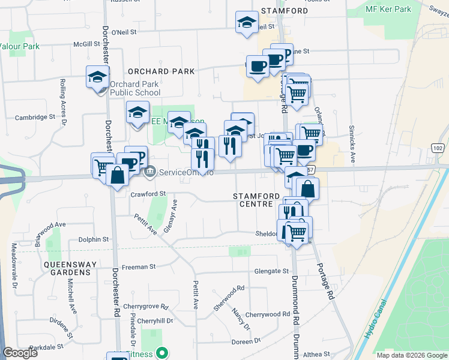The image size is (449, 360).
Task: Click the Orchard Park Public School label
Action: pyautogui.click(x=134, y=89)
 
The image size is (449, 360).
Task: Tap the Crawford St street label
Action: pyautogui.click(x=148, y=194)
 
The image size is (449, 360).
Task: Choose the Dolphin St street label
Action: pyautogui.click(x=94, y=239)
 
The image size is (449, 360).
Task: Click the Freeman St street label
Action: pyautogui.click(x=139, y=266)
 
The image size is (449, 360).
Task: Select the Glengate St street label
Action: pyautogui.click(x=271, y=271)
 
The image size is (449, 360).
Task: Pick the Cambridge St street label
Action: pyautogui.click(x=35, y=118)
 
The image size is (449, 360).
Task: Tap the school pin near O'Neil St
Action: pyautogui.click(x=245, y=23)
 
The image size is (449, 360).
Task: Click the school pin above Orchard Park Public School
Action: pyautogui.click(x=97, y=77)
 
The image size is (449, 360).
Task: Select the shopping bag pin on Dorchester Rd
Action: pyautogui.click(x=117, y=175)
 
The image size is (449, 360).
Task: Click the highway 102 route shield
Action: pyautogui.click(x=439, y=148)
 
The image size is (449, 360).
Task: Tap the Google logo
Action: pyautogui.click(x=20, y=352)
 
